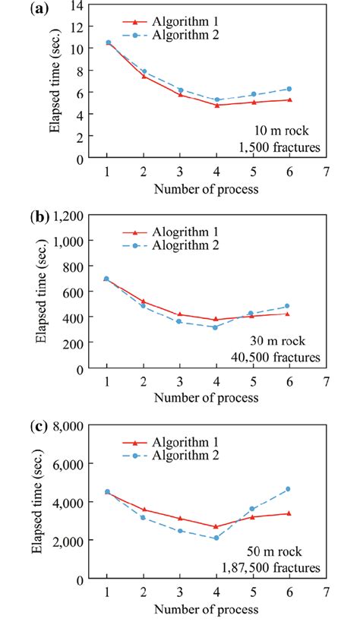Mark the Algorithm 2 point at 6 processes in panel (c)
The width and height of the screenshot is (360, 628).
[288, 489]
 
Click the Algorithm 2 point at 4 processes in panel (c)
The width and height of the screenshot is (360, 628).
[216, 538]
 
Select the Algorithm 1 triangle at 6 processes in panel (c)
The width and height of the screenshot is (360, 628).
[288, 513]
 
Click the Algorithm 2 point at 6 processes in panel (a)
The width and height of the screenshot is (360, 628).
[289, 89]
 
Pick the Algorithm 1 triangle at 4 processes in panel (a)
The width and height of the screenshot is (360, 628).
[216, 105]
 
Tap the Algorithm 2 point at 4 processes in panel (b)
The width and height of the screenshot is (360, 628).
[216, 327]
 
